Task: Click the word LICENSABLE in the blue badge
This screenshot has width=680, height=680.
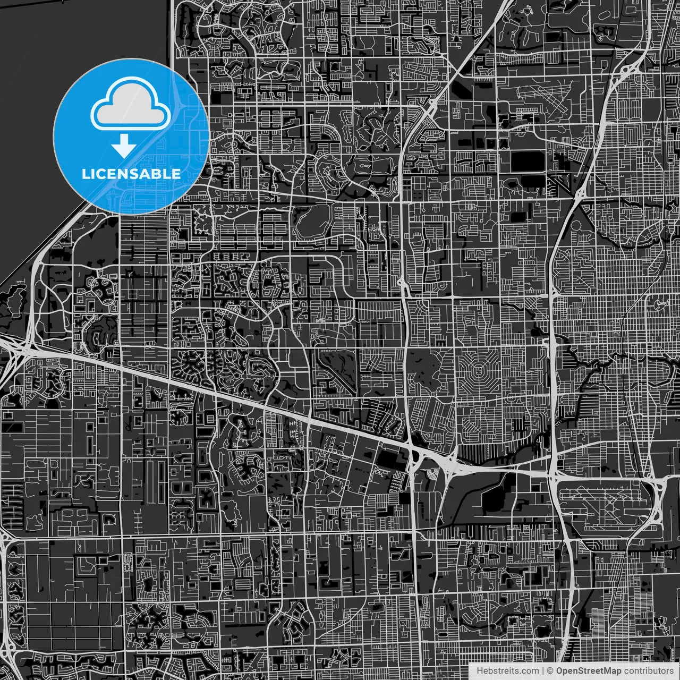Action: point(131,174)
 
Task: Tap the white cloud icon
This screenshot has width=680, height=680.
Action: point(130,104)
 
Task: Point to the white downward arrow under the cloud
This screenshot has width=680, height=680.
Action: point(124,145)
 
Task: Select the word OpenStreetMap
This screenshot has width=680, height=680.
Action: point(588,671)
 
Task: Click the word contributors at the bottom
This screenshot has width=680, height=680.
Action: point(648,671)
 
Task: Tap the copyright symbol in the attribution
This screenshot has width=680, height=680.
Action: point(550,671)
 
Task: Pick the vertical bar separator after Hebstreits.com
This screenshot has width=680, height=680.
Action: point(543,671)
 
